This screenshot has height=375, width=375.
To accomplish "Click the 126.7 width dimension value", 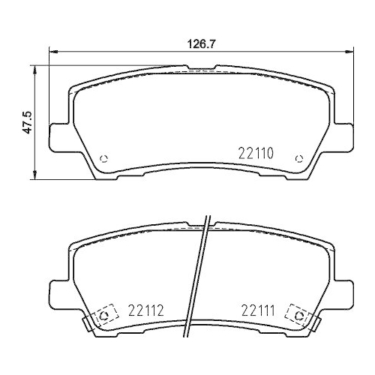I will click(x=200, y=43).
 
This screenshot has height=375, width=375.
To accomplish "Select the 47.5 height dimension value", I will click(x=27, y=121).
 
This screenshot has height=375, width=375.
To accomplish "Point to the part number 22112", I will click(x=145, y=310).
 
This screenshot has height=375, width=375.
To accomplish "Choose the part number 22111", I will click(x=259, y=310).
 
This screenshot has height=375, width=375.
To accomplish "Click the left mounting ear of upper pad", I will click(x=58, y=136).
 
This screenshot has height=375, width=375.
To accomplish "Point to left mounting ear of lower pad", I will click(x=58, y=291).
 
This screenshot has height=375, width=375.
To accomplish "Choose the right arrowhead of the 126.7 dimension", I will click(x=350, y=52).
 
